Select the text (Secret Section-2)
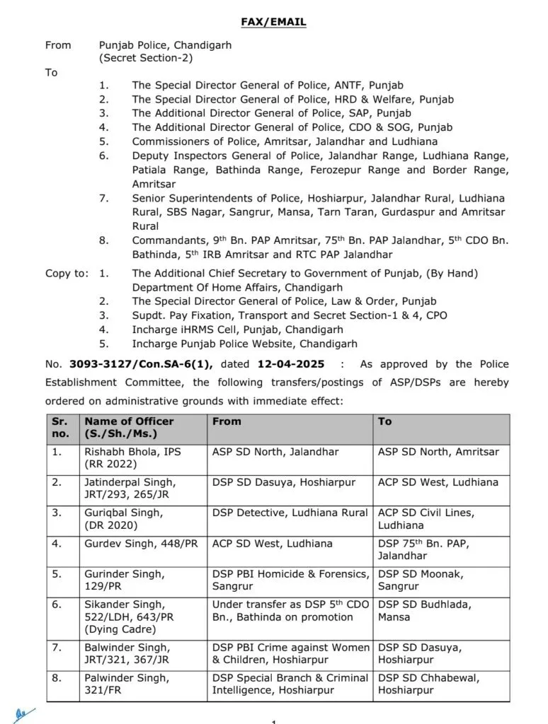[146, 58]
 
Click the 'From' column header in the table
[227, 421]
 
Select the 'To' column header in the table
[384, 421]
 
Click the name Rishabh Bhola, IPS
[132, 451]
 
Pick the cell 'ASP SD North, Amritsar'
[438, 451]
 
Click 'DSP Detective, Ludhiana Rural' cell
[290, 513]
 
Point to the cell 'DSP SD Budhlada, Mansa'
[424, 610]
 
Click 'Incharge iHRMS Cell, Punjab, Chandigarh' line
[237, 329]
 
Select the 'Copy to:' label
[67, 274]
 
